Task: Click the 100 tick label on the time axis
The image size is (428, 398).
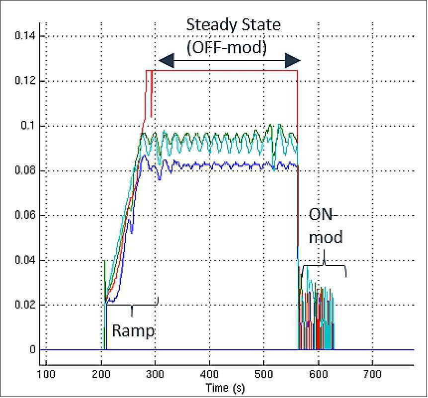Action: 46,373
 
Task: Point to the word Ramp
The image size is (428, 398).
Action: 133,330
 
